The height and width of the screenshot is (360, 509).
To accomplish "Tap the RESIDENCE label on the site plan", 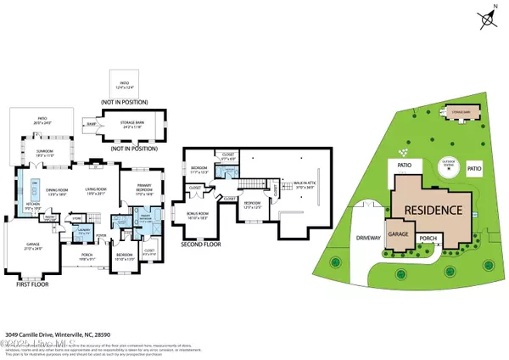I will (432, 210).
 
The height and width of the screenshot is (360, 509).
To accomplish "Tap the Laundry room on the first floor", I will (83, 230).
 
